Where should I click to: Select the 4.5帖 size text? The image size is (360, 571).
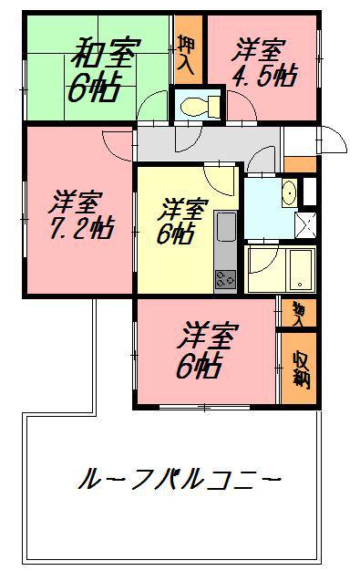(264, 76)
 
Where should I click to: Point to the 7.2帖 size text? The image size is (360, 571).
(79, 226)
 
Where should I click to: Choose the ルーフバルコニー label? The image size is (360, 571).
(179, 478)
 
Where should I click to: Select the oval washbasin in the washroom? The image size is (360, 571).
(288, 193)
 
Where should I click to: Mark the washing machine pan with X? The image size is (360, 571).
(307, 223)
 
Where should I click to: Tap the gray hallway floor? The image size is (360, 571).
(210, 144)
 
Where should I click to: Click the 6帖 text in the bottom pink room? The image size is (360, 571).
(197, 367)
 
